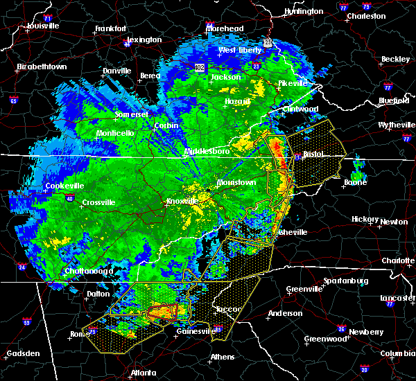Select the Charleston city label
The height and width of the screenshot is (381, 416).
(x=367, y=15)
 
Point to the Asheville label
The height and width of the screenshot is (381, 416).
(x=289, y=232)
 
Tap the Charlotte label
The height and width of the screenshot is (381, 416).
(x=399, y=260)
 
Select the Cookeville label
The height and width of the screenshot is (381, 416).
(x=64, y=186)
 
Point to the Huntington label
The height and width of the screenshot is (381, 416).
(x=304, y=11)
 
